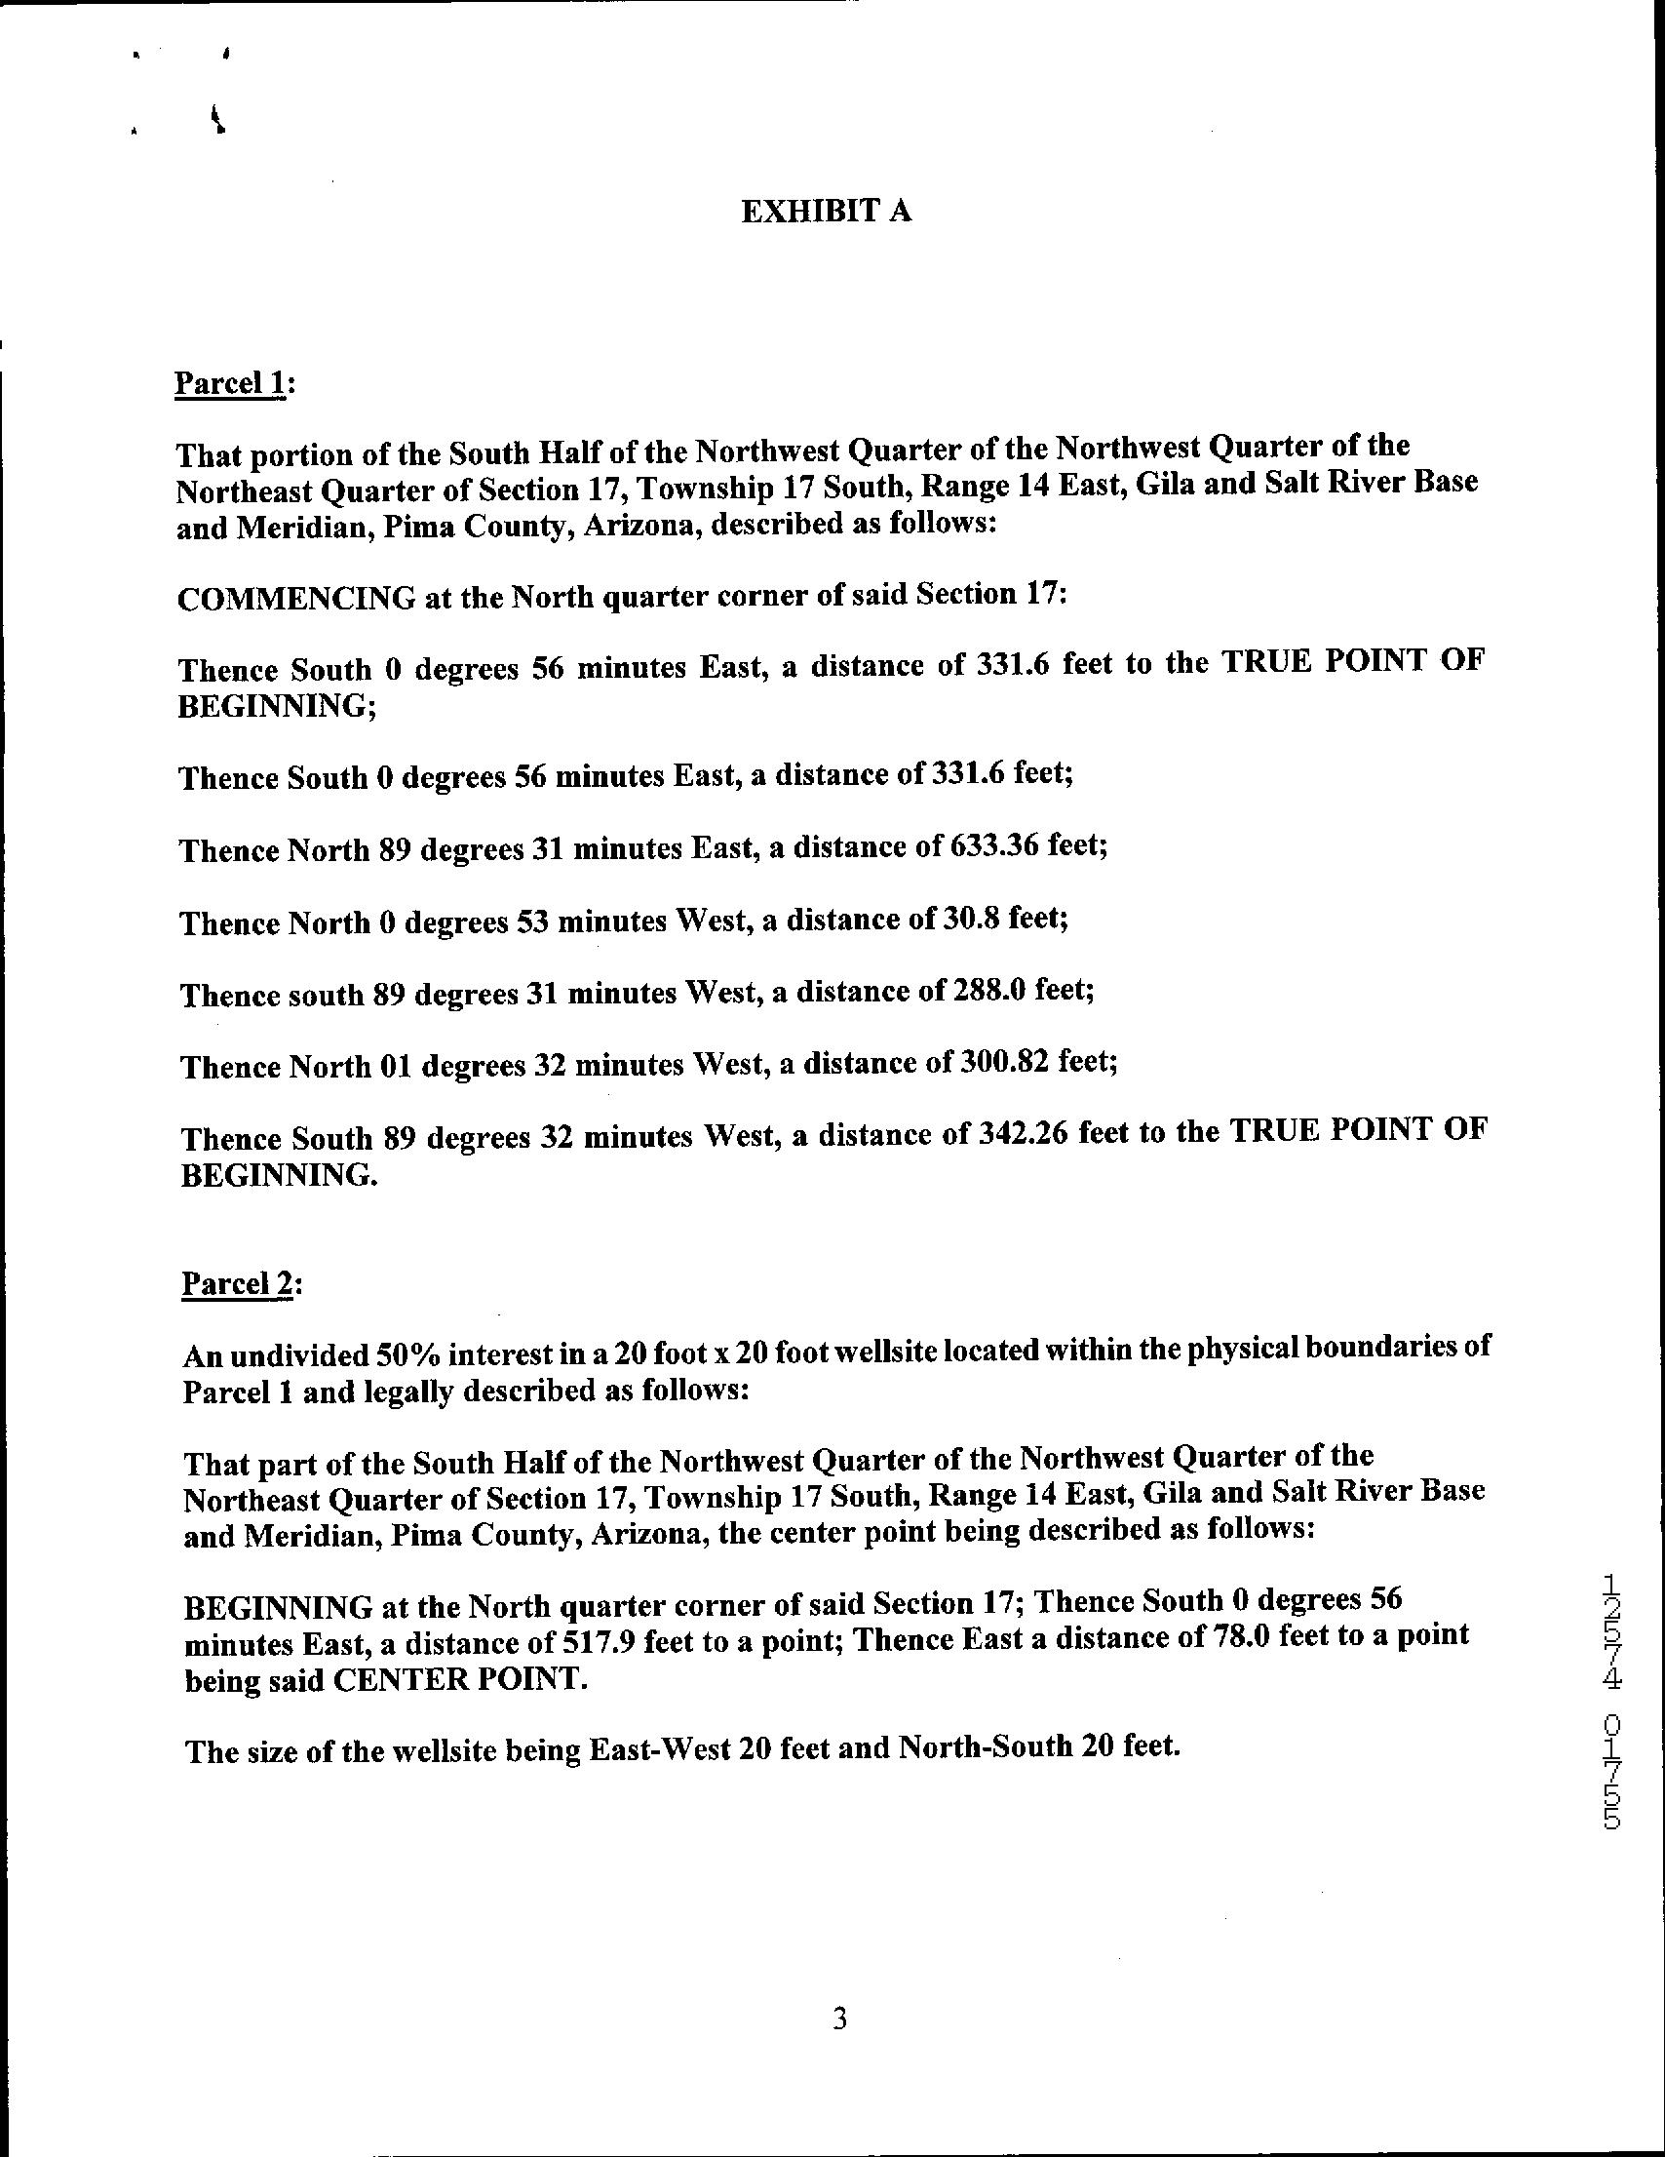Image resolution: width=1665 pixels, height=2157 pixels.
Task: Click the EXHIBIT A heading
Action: pyautogui.click(x=826, y=212)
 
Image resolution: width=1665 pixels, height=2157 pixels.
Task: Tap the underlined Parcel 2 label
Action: pyautogui.click(x=238, y=1284)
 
